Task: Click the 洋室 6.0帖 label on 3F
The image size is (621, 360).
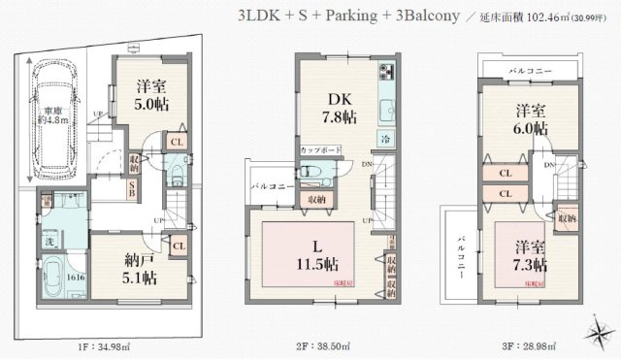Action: click(530, 118)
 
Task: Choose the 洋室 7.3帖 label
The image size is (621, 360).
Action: click(530, 254)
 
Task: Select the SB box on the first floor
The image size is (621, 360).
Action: click(133, 188)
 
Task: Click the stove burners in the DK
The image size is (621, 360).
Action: click(387, 73)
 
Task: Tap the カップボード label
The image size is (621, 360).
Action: click(319, 151)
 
